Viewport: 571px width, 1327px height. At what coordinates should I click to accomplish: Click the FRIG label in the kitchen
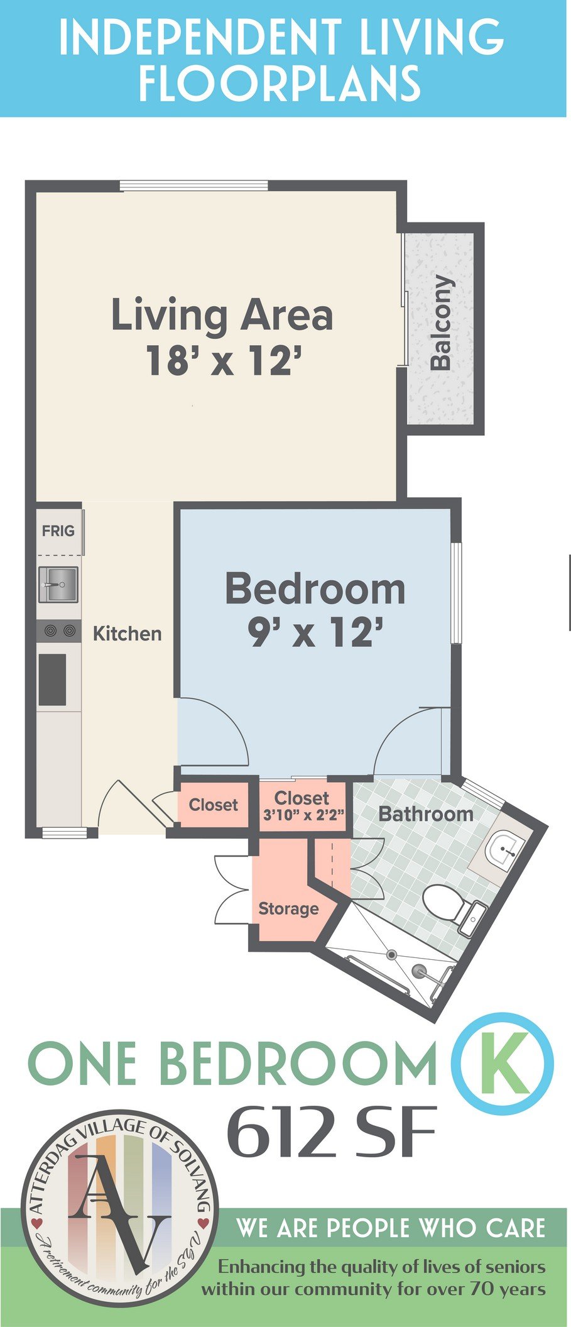(x=58, y=531)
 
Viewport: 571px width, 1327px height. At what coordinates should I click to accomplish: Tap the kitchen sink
(x=58, y=584)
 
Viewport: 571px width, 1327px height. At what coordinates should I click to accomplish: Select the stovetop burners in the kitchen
(x=58, y=630)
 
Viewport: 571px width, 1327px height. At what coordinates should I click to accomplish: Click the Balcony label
(x=442, y=322)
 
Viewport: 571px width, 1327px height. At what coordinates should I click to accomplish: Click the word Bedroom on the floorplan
(x=315, y=589)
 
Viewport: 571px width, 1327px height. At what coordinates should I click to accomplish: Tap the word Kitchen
(x=127, y=633)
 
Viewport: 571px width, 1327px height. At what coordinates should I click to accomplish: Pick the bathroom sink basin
(x=508, y=849)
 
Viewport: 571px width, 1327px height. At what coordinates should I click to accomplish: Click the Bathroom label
(x=425, y=814)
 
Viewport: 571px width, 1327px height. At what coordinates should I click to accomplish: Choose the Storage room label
(x=288, y=909)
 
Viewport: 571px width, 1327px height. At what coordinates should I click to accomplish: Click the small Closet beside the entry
(x=213, y=805)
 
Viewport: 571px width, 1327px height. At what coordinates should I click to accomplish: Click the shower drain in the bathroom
(x=392, y=954)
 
